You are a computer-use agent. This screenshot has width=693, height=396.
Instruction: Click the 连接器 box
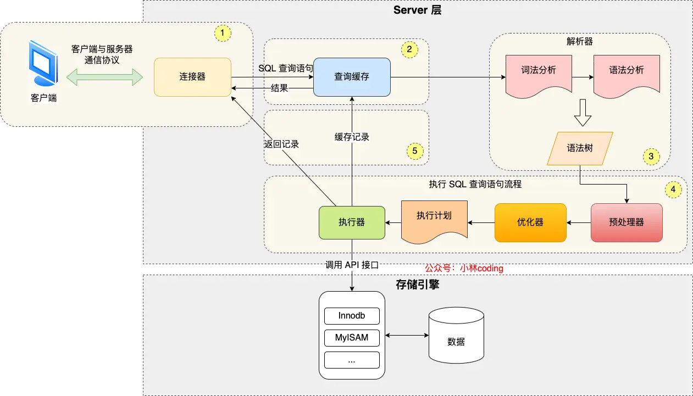(192, 77)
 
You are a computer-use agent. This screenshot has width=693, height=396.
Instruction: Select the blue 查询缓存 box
(352, 77)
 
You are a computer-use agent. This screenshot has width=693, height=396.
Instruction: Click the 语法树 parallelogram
(580, 148)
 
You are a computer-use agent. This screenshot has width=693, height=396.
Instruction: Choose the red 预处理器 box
(627, 222)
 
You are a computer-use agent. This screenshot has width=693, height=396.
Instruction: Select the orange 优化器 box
(530, 222)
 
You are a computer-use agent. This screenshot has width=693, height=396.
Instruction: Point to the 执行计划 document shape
(434, 220)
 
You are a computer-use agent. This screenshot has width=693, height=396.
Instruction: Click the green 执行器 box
(352, 222)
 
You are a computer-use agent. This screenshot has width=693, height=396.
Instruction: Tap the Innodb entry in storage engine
(352, 316)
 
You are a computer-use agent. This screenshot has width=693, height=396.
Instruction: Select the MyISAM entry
(352, 338)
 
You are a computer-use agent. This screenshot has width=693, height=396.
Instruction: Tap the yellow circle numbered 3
(651, 157)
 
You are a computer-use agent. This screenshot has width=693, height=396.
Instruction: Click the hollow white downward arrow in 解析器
(582, 112)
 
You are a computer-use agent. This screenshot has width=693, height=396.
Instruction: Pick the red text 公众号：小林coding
(464, 269)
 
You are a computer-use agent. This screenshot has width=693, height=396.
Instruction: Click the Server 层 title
(418, 10)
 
